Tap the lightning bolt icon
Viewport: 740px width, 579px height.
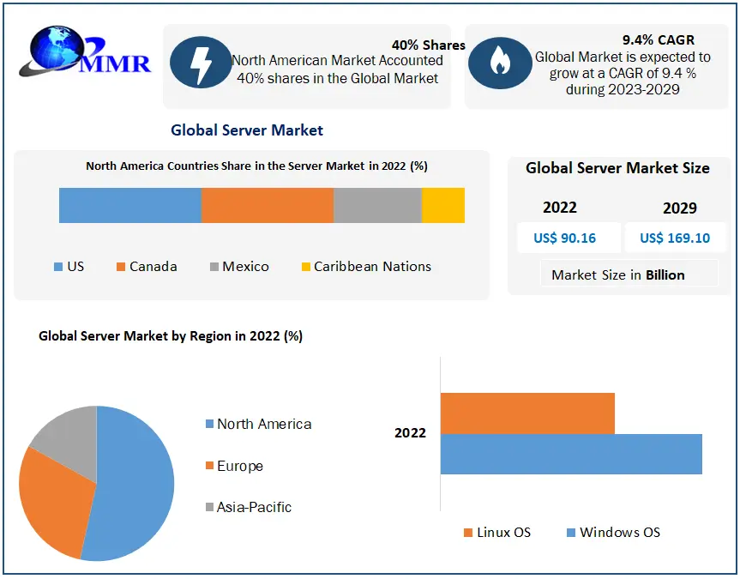point(199,62)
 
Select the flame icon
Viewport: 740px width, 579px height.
point(499,62)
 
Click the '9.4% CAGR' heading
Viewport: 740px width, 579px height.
point(659,39)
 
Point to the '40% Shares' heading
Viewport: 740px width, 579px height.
point(429,45)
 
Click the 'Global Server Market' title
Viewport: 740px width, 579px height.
point(247,130)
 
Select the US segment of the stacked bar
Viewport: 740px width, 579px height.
point(129,206)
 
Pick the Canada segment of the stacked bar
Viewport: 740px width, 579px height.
point(267,206)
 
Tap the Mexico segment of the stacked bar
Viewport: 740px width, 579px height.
point(377,206)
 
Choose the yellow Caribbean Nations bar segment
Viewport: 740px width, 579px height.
point(443,206)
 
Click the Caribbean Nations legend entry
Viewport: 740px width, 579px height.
point(366,267)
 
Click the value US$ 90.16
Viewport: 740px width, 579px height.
point(564,238)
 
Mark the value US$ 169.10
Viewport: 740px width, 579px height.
point(675,238)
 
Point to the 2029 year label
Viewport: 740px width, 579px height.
point(680,208)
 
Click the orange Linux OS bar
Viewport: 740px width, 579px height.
point(527,413)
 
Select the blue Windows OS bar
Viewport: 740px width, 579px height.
point(571,454)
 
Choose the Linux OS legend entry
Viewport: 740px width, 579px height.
point(496,533)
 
